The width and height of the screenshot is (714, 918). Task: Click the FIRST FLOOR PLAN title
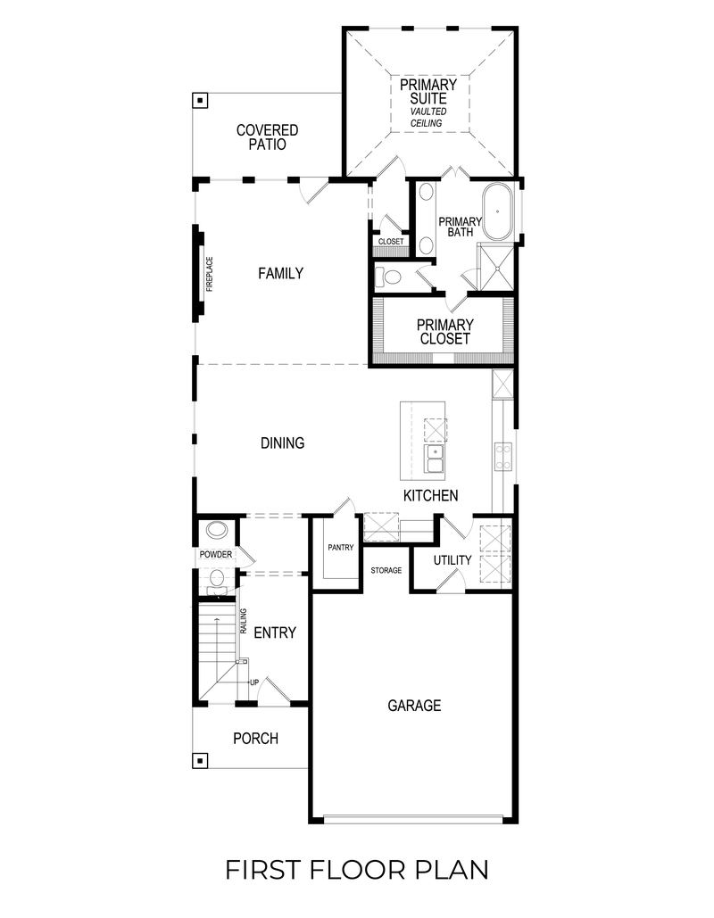tap(356, 869)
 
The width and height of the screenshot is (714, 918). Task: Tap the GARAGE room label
tap(414, 706)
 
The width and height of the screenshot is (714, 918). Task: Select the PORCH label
tap(255, 739)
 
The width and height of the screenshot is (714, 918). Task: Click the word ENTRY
tap(275, 633)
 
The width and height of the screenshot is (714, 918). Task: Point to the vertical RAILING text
tap(243, 621)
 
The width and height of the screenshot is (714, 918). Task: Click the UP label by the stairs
tap(254, 682)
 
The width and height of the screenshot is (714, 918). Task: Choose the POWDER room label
tap(216, 555)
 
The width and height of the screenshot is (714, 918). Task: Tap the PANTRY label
tap(341, 548)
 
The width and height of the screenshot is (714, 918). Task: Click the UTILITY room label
tap(452, 560)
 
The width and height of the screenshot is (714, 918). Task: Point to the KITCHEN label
tap(431, 496)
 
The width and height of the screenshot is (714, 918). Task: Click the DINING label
tap(282, 442)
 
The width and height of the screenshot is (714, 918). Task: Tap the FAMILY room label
tap(280, 274)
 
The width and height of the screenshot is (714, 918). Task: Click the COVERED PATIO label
tap(267, 136)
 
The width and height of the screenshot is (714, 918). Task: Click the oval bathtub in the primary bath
tap(498, 213)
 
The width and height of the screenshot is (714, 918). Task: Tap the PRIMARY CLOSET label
tap(444, 332)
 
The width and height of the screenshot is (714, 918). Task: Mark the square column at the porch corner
tap(202, 761)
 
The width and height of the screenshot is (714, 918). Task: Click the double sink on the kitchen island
tap(435, 460)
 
